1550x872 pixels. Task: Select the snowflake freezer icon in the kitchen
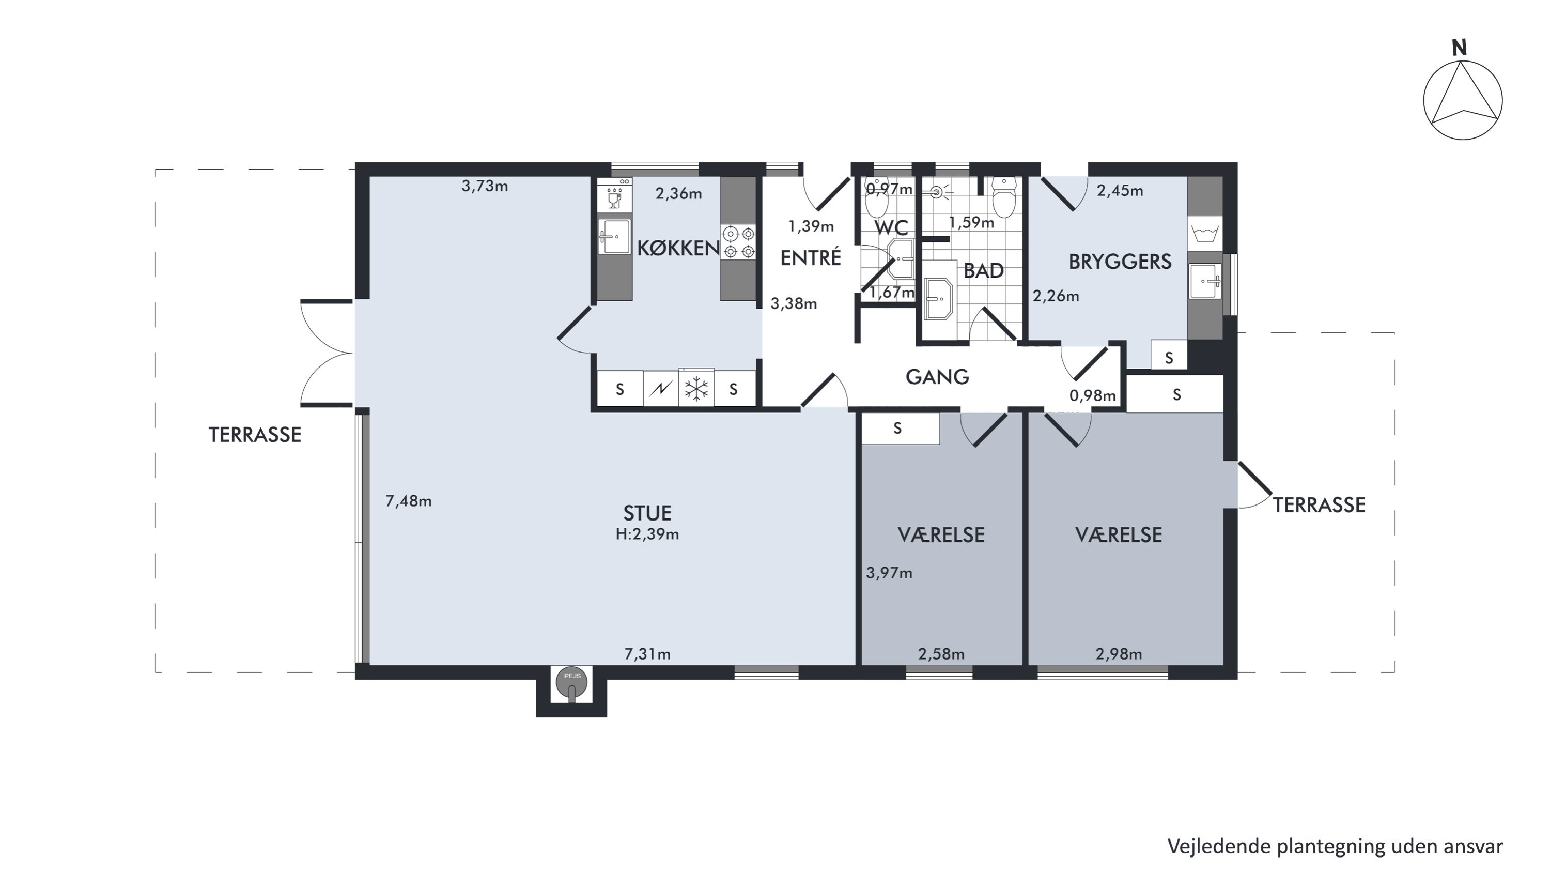point(696,389)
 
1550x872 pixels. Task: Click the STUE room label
point(647,513)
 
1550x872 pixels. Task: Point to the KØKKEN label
point(678,248)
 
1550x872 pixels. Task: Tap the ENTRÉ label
point(811,257)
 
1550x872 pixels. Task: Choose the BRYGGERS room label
point(1120,261)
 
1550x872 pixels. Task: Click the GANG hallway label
point(937,377)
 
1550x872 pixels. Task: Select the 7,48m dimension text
point(409,501)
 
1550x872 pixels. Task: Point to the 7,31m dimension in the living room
point(647,653)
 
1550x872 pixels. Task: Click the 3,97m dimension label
point(889,573)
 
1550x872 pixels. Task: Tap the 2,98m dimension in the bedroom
point(1119,653)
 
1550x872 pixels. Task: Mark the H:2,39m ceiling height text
point(647,534)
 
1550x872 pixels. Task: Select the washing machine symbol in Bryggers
point(1205,233)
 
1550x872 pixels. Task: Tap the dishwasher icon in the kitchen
point(614,194)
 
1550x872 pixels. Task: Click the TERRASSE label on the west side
point(255,435)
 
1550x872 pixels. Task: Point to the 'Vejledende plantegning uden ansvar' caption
point(1335,846)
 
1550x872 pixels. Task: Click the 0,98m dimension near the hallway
point(1092,395)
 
